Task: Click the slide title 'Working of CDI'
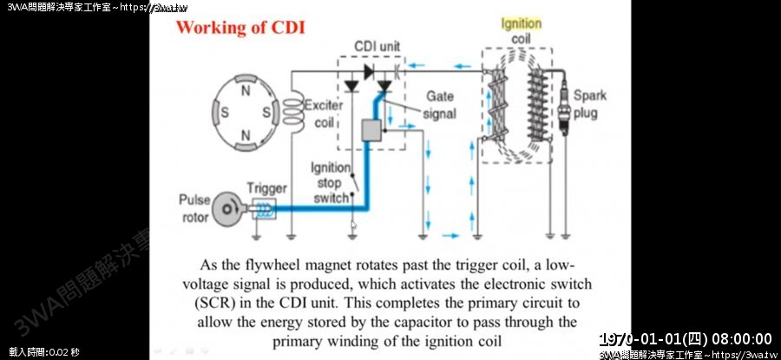pos(240,26)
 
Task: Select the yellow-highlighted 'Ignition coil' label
pos(521,31)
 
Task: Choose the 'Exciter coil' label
pos(324,113)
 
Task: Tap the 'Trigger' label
pos(266,187)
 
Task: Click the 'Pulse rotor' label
pos(194,208)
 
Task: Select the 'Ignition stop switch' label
pos(331,182)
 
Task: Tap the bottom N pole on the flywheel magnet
pos(246,134)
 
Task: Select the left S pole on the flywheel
pos(224,112)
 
